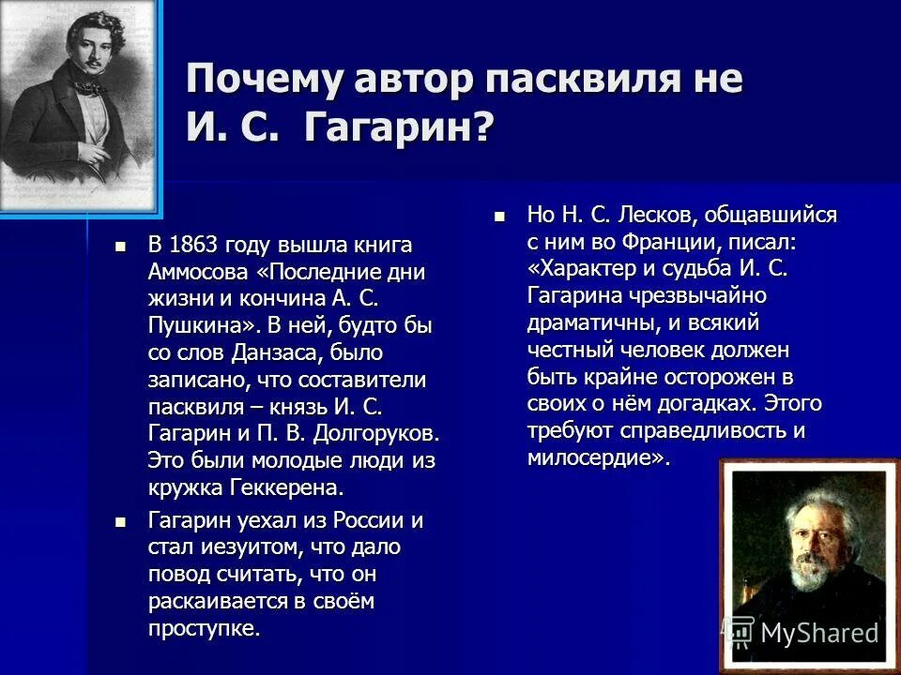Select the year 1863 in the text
(194, 246)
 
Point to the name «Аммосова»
(198, 273)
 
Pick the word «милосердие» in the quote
(594, 458)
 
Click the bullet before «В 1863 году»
(119, 247)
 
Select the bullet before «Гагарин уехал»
(119, 520)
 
